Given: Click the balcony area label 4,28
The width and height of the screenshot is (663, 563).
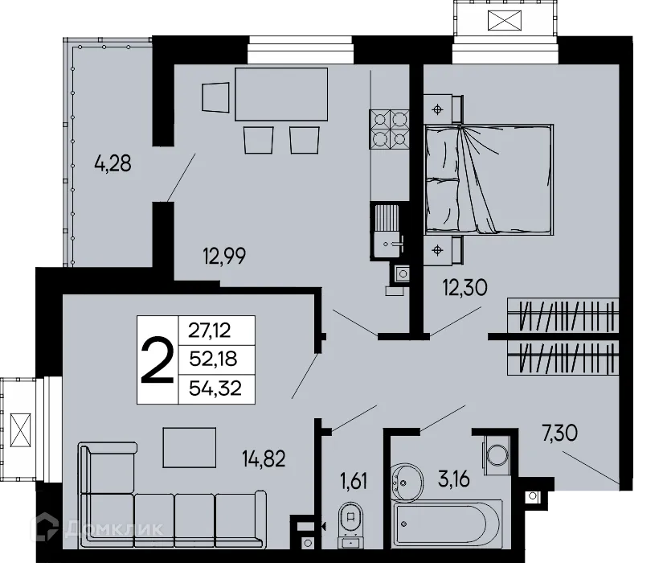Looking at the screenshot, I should click(x=113, y=166).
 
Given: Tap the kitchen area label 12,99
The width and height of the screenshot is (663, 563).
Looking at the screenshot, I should click(x=223, y=257).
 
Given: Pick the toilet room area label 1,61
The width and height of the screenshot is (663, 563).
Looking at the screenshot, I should click(x=352, y=483).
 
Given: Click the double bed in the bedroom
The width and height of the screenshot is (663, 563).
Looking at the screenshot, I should click(x=489, y=179).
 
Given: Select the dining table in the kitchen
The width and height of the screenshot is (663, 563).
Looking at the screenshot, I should click(x=281, y=93).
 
